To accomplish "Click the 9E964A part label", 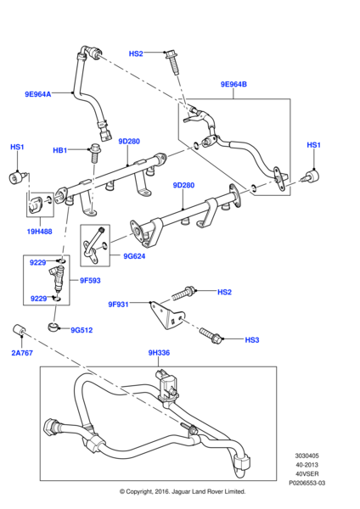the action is (x=38, y=94).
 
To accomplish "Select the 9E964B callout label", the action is (x=233, y=84).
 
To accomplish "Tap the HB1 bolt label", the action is (x=60, y=150).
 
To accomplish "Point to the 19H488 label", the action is (x=39, y=232).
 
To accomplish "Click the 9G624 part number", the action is (x=134, y=256).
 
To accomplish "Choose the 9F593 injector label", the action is (x=90, y=281).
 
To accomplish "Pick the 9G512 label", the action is (x=82, y=330).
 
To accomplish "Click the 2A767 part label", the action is (x=22, y=353).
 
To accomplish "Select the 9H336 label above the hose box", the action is (x=159, y=353).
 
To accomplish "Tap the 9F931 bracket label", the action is (x=118, y=305).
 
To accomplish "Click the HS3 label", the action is (x=252, y=340).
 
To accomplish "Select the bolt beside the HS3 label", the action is (x=211, y=336).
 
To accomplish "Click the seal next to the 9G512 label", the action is (x=53, y=327).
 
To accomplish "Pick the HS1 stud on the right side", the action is (x=310, y=176).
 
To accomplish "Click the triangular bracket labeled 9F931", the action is (x=166, y=316).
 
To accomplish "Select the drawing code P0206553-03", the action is (x=307, y=483).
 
